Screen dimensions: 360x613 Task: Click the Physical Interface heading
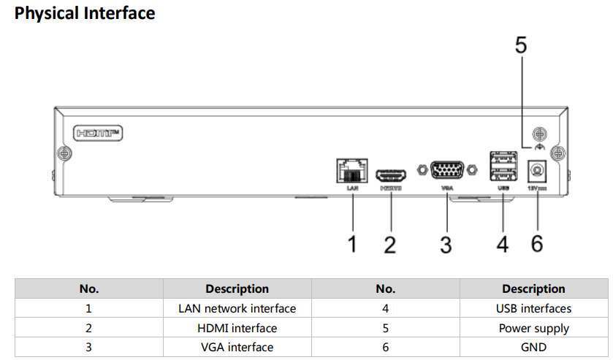pos(85,13)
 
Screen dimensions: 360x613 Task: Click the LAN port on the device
pos(352,172)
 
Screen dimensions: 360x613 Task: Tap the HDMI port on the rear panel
pos(391,176)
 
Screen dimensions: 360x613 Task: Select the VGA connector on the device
pos(446,170)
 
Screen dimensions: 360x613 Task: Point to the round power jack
pos(538,172)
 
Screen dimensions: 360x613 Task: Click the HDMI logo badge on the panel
pos(98,133)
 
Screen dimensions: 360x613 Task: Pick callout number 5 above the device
pos(521,45)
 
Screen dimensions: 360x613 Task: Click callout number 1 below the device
pos(352,244)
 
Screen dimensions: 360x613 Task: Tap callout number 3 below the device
pos(446,244)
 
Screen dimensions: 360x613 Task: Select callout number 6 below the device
pos(537,244)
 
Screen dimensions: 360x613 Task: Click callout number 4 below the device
pos(503,244)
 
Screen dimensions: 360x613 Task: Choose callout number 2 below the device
pos(390,244)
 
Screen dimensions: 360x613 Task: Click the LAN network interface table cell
pos(237,309)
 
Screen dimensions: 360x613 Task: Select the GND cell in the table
pos(533,347)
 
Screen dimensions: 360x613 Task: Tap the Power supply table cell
pos(533,328)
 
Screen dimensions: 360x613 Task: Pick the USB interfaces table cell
pos(533,309)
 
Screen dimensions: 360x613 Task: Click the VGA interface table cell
pos(237,347)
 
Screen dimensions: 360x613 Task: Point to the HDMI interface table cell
pos(237,328)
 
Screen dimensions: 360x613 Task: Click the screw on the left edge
pos(64,153)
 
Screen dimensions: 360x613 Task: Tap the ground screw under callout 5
pos(539,134)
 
